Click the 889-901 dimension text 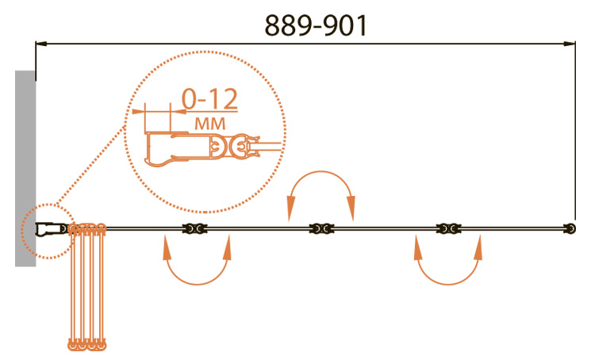coord(316,26)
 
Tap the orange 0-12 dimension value coord(209,98)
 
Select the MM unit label coord(210,124)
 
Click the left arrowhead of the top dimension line coord(41,44)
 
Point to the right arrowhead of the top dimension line coord(570,44)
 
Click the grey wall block coord(25,168)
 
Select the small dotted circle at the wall coord(48,232)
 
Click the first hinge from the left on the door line coord(194,228)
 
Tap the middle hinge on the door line coord(321,228)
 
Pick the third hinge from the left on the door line coord(448,228)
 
